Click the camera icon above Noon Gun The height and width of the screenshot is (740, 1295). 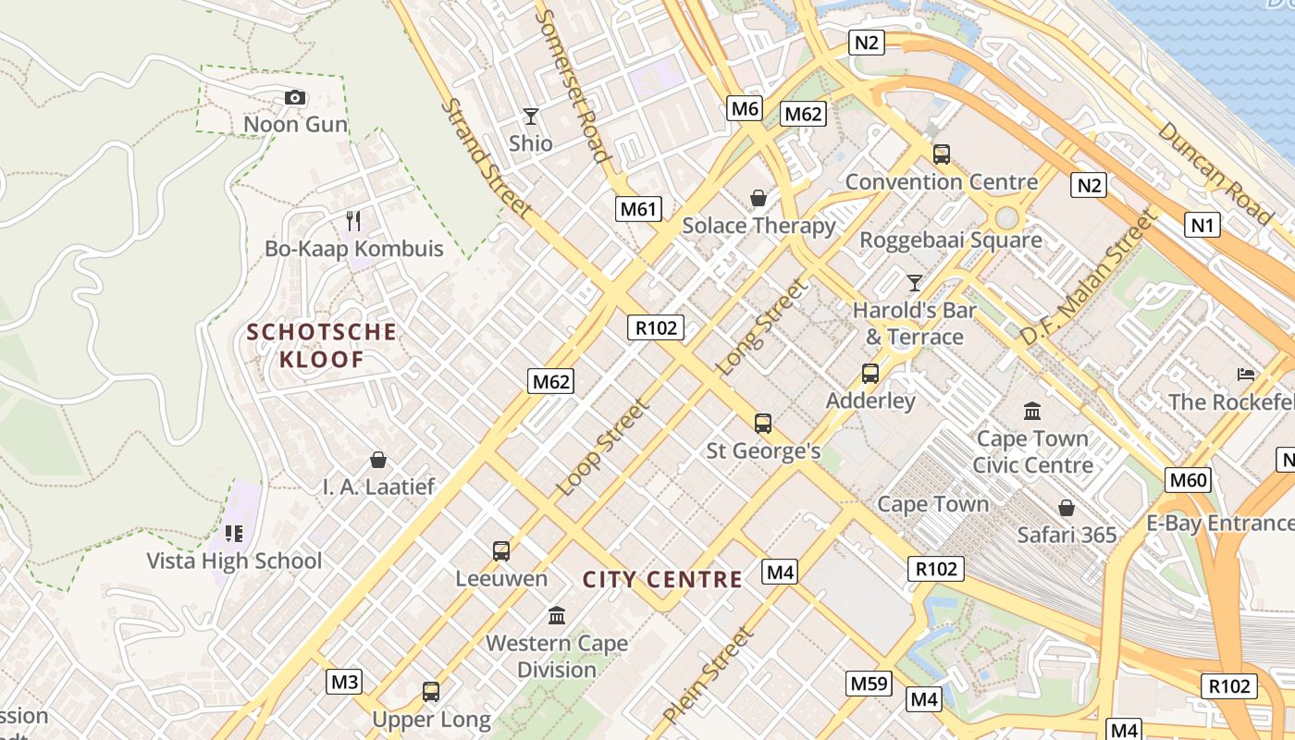click(295, 97)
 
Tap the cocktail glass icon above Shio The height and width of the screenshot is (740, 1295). click(530, 117)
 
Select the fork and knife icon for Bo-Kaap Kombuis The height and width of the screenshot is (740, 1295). click(352, 220)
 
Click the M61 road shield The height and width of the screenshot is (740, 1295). click(638, 209)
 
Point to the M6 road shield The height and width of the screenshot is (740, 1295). click(745, 109)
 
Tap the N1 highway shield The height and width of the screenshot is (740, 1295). click(1202, 225)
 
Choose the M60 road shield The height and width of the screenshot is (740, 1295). click(1189, 480)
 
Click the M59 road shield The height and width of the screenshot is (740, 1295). click(869, 684)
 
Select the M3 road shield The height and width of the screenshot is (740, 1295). click(344, 683)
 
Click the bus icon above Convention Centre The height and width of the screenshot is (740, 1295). click(942, 154)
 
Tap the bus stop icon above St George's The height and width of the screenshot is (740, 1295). click(763, 424)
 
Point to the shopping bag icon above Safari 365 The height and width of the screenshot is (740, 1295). click(1067, 508)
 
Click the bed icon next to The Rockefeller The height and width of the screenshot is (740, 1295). click(1246, 375)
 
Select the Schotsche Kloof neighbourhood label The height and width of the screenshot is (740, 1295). click(321, 345)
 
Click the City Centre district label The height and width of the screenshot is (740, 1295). click(662, 580)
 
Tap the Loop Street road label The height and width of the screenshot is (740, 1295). click(604, 447)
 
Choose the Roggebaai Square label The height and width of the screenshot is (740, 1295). click(951, 240)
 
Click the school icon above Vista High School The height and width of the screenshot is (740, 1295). click(234, 533)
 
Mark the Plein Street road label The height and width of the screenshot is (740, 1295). click(709, 676)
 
